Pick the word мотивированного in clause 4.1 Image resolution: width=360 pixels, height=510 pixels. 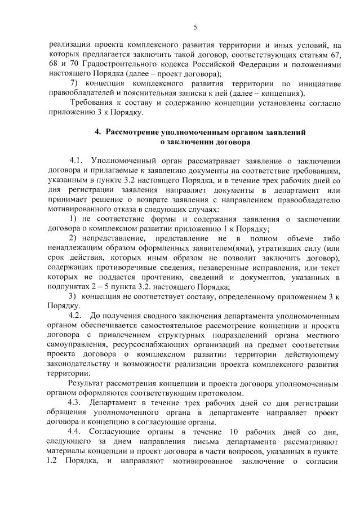coord(81,203)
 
